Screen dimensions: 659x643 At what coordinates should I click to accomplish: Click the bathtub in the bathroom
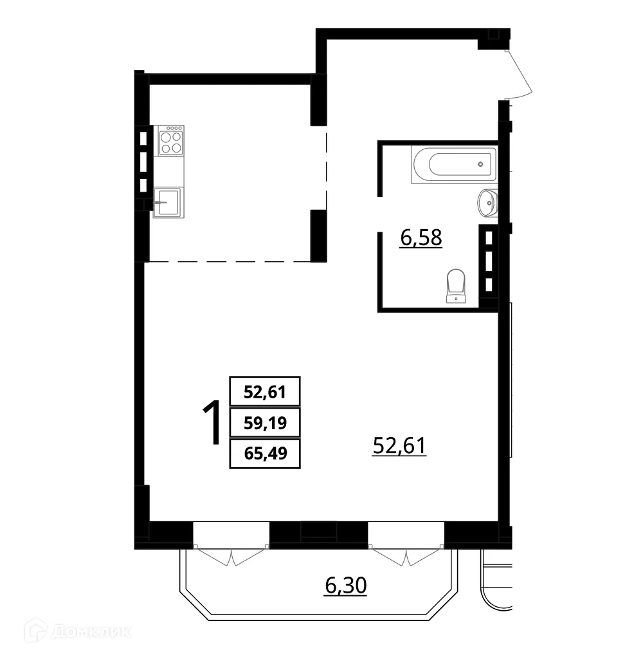click(454, 165)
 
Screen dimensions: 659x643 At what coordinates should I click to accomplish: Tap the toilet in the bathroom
click(456, 285)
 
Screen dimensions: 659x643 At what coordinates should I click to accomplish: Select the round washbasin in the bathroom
click(487, 203)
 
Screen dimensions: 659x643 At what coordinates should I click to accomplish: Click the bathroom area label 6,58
click(421, 239)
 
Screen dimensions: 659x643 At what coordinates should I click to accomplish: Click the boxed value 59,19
click(264, 423)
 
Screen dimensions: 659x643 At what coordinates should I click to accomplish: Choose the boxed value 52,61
click(264, 391)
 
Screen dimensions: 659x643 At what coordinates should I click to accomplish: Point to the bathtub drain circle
click(481, 165)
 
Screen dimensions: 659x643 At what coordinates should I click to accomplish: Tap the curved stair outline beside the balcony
click(497, 589)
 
